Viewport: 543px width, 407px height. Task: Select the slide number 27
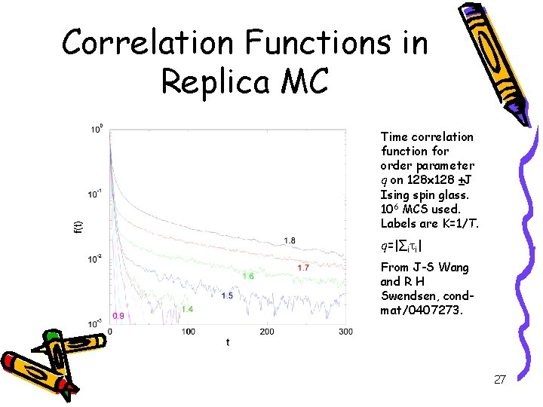[499, 380]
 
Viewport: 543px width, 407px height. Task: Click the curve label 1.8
[289, 240]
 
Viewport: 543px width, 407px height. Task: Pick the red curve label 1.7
[303, 268]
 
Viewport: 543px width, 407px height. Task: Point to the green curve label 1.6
[247, 277]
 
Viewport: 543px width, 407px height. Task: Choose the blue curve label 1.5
[227, 296]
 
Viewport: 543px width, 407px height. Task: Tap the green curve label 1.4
[187, 309]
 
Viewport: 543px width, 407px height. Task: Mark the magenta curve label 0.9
[118, 315]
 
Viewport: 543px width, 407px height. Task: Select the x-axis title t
[228, 342]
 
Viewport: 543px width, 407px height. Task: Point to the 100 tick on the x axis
[189, 332]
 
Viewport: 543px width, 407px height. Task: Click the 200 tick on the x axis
[267, 332]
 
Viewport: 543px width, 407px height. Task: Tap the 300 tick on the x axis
[345, 332]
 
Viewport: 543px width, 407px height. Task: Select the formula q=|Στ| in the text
[401, 246]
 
